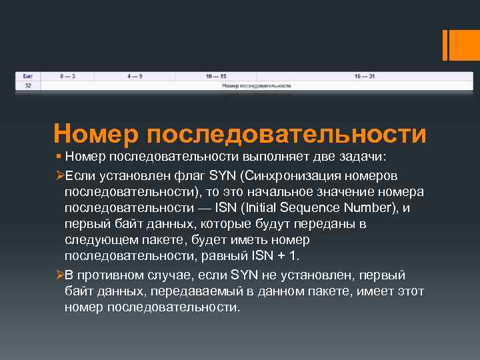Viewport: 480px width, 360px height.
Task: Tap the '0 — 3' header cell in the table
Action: coord(67,77)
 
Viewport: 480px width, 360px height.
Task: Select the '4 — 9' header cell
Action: coord(135,77)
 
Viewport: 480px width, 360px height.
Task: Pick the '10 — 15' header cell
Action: coord(216,77)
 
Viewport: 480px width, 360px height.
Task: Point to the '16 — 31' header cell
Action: coord(365,77)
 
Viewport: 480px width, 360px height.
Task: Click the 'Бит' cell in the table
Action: coord(28,77)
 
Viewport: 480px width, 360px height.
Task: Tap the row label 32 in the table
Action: coord(28,86)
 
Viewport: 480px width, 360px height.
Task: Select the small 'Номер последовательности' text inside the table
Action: coord(256,86)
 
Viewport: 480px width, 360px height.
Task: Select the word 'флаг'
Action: coord(189,175)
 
